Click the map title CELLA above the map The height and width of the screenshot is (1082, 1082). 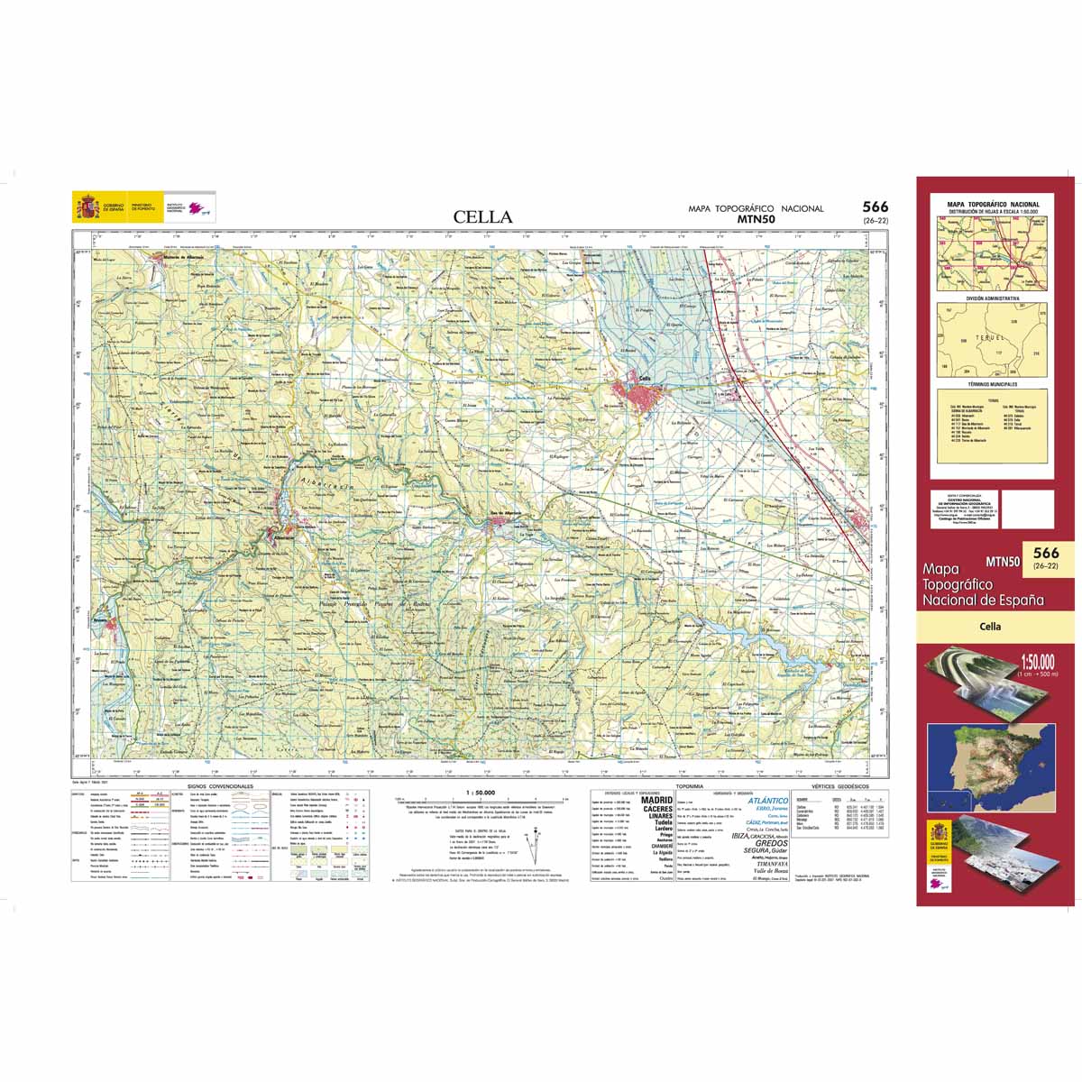pyautogui.click(x=482, y=217)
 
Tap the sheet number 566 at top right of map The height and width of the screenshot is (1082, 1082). pyautogui.click(x=874, y=207)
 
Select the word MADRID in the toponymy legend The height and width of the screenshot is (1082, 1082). pyautogui.click(x=656, y=800)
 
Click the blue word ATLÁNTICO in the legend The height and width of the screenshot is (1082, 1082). pyautogui.click(x=768, y=801)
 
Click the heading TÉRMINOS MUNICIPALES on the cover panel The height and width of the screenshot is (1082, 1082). pyautogui.click(x=993, y=384)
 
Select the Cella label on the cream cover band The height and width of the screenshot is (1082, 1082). pyautogui.click(x=992, y=626)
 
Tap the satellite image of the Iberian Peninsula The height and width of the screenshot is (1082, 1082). pyautogui.click(x=990, y=766)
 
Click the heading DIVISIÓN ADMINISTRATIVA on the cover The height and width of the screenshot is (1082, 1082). pyautogui.click(x=993, y=298)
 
